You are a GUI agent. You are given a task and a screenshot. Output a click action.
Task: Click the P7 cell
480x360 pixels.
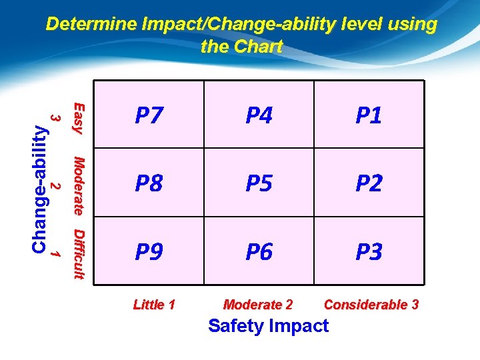149,115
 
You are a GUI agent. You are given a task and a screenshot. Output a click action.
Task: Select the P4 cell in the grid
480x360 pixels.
259,115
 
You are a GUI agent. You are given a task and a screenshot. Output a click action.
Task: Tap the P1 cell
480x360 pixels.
369,115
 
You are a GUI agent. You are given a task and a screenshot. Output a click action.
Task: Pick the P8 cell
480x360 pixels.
149,183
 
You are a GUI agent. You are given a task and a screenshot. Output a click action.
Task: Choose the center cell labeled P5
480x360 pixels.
259,183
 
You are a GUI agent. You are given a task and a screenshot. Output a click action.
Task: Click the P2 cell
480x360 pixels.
369,183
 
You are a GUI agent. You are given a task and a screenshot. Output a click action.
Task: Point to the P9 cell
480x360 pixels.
149,252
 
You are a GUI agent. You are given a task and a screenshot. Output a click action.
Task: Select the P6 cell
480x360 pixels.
259,252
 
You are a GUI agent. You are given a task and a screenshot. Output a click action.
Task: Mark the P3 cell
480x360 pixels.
369,252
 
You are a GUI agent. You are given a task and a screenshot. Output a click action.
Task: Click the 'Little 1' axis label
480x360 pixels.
154,305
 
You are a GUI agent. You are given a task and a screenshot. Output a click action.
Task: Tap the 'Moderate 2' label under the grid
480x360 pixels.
258,305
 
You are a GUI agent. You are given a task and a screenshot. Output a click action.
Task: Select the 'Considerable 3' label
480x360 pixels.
371,305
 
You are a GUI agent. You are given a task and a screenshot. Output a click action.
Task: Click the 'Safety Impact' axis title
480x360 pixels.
268,326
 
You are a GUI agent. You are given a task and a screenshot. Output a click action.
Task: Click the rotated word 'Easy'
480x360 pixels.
78,117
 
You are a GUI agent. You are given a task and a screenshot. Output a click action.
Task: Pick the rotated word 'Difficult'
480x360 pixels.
78,254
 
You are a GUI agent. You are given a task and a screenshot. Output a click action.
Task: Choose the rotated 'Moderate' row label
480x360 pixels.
78,185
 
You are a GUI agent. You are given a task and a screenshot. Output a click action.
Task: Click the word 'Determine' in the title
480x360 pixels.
91,25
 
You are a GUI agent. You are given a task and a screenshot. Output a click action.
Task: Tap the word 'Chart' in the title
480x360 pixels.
261,47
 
